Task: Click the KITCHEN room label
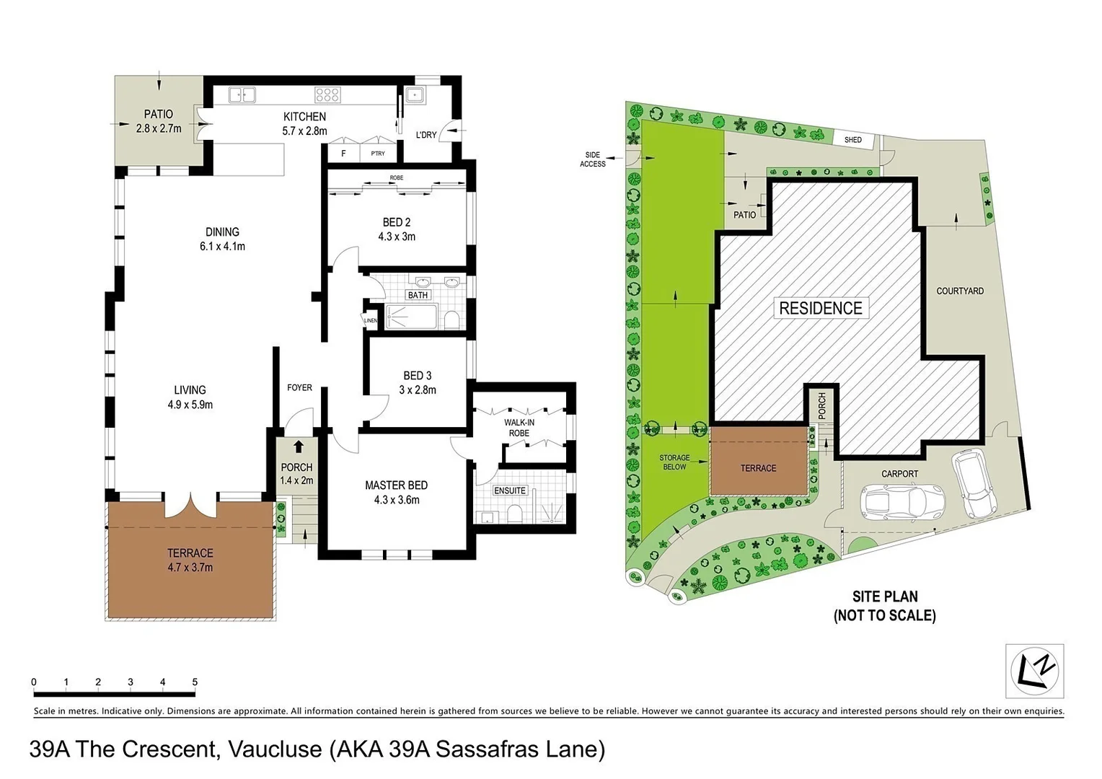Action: [304, 116]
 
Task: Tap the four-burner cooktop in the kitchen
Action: [327, 94]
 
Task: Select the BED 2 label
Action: [397, 222]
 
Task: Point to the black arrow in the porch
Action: [298, 446]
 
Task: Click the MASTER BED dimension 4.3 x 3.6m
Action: [397, 500]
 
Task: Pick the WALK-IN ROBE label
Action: [519, 428]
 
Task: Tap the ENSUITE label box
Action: [510, 490]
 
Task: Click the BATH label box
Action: [418, 295]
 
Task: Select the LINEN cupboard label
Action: [370, 320]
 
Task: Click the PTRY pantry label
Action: [378, 154]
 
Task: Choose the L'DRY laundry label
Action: [426, 135]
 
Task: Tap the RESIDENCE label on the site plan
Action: [821, 308]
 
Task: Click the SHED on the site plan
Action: [853, 139]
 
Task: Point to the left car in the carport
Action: [902, 501]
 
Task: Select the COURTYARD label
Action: [960, 291]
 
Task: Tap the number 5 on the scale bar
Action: [195, 682]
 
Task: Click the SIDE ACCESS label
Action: [592, 159]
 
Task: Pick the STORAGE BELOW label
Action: [674, 462]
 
